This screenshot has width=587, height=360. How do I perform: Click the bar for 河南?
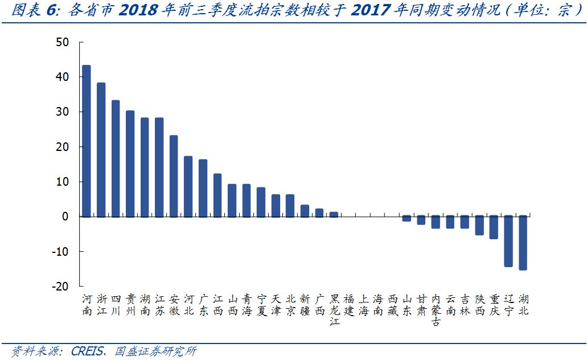(x=87, y=141)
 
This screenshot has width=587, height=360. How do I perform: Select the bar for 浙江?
(x=101, y=150)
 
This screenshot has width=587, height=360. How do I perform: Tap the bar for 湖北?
(x=523, y=243)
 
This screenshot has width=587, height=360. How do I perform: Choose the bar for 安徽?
(x=174, y=176)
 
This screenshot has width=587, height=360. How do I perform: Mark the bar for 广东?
(x=203, y=188)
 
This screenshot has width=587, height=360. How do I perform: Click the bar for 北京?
(x=290, y=206)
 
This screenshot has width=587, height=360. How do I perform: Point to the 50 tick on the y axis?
(x=63, y=42)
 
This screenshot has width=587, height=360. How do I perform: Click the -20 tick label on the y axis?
(x=60, y=287)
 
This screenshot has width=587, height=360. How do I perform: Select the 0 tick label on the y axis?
(x=65, y=216)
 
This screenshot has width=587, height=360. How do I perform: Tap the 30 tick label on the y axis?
(x=63, y=112)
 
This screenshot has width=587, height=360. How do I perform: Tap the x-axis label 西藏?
(x=392, y=305)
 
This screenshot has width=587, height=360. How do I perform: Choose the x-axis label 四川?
(x=116, y=305)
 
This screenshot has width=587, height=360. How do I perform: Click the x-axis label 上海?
(x=363, y=305)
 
